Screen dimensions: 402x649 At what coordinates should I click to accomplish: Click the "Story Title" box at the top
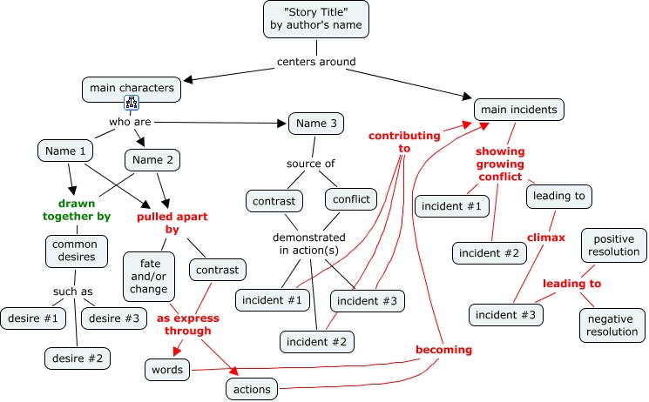pos(315,19)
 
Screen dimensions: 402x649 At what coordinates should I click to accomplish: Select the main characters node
pos(132,88)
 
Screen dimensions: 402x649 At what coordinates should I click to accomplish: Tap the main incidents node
pos(519,110)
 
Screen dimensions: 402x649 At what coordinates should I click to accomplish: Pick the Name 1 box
pos(66,151)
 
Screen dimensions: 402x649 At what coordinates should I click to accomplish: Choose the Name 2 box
pos(152,160)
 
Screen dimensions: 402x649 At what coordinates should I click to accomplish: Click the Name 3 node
pos(316,124)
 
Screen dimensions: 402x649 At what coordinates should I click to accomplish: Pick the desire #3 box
pos(114,318)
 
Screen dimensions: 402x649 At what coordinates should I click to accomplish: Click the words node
pos(166,370)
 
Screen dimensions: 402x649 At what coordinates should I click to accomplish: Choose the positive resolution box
pos(614,245)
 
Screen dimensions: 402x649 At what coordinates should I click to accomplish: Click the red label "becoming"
pos(443,350)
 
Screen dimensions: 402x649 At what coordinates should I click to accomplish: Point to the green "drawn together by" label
pos(78,210)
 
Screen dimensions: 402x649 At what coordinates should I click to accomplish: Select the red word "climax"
pos(545,237)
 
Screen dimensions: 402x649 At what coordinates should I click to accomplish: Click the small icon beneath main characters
pos(132,104)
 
